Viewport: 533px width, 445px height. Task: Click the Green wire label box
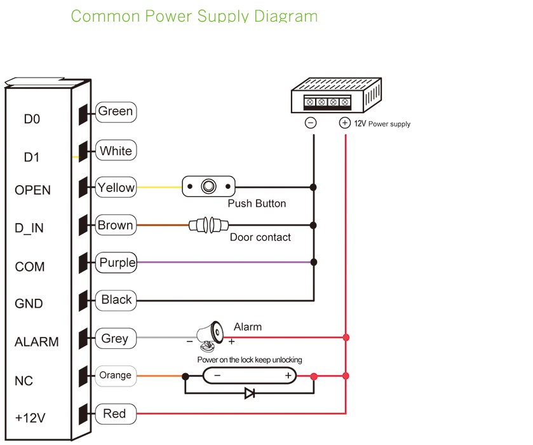pos(116,112)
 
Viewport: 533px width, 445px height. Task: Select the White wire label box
pos(116,151)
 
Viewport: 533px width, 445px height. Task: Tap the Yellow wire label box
pos(116,188)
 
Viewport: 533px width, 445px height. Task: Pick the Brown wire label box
pos(115,225)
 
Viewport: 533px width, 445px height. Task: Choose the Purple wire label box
pos(117,263)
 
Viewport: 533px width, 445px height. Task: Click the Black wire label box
pos(116,300)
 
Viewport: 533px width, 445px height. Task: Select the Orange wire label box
pos(115,376)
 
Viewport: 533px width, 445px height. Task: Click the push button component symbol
pos(208,187)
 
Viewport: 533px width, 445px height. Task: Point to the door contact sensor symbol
pos(209,224)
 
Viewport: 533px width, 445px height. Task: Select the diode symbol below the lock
pos(250,394)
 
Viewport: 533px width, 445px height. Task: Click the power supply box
pos(335,96)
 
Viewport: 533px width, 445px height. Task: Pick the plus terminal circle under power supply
pos(344,123)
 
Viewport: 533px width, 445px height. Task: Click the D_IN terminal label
pos(29,228)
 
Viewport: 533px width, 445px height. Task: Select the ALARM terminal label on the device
pos(36,342)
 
